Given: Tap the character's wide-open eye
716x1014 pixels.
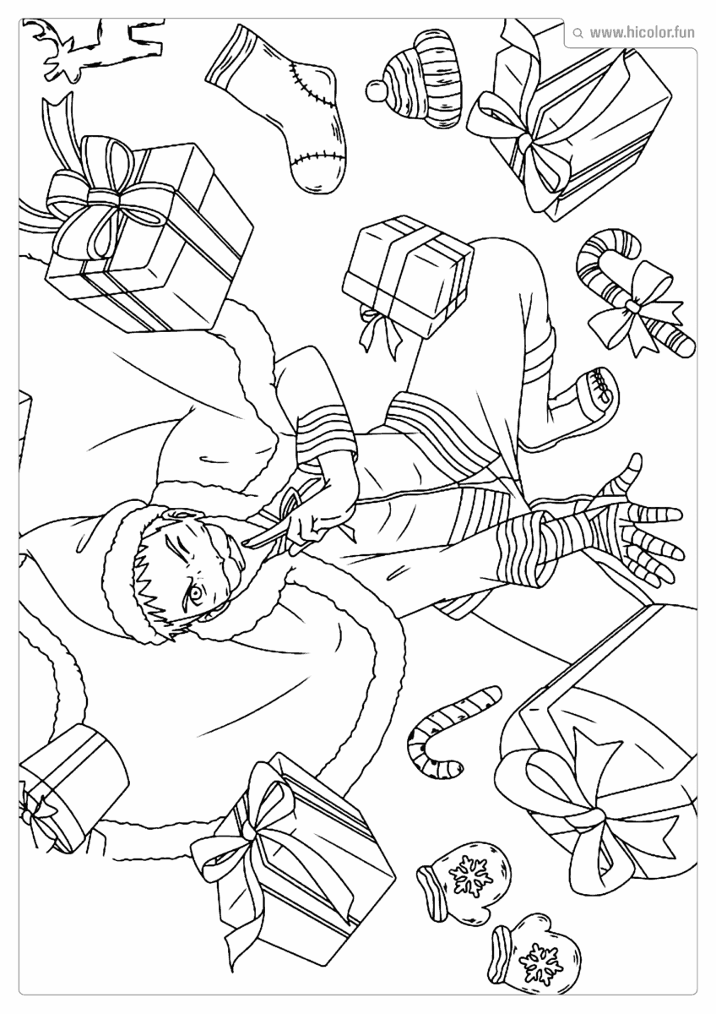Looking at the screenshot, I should (x=196, y=594).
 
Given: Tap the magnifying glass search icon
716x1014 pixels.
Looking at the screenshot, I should (x=578, y=33).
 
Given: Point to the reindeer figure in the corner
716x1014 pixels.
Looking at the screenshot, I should (x=84, y=46).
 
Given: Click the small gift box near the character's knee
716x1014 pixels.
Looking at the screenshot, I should (x=405, y=270).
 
